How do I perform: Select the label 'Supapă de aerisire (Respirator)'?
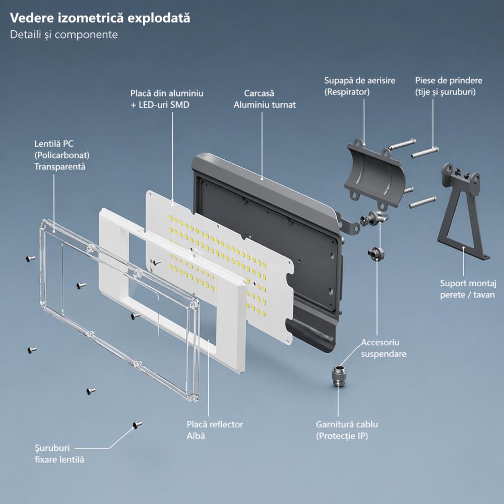[359, 86]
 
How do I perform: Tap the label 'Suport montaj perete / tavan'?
[467, 289]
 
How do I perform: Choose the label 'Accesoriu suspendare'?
[384, 348]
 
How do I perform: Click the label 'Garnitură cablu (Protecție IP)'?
[347, 430]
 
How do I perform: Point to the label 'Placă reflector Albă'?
[215, 429]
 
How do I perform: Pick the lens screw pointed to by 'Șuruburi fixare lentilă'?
[136, 425]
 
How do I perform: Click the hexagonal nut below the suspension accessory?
[375, 252]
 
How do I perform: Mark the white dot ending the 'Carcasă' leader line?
[263, 178]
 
